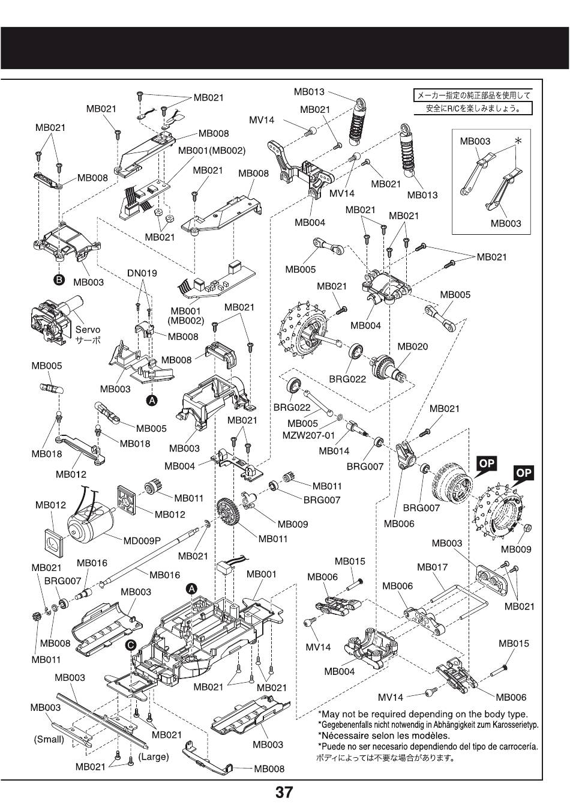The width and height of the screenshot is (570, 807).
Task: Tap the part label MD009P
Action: point(142,540)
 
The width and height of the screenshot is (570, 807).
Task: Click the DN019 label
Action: point(142,273)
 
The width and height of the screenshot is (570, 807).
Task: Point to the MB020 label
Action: point(413,346)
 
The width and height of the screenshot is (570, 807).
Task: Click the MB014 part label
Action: point(334,451)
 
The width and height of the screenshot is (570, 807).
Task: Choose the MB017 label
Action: point(432,567)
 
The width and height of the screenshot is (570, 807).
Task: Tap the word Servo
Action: point(88,330)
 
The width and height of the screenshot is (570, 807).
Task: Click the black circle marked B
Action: point(59,280)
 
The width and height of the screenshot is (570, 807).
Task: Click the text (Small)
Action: point(49,739)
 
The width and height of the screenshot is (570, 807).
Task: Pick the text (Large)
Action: point(154,757)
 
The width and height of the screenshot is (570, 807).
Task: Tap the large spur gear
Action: point(227,512)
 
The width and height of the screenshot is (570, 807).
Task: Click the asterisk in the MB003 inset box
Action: point(518,141)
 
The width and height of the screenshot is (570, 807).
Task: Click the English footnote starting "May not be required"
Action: point(423,714)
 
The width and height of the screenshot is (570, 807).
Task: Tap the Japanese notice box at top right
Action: point(473,102)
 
